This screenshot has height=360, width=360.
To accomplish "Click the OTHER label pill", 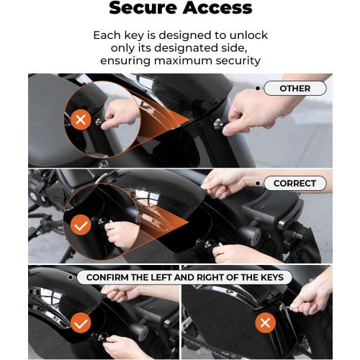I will pos(294,89).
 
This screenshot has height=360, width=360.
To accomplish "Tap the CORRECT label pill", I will pos(294,184).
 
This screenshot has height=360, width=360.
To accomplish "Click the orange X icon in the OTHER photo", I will pos(81,120).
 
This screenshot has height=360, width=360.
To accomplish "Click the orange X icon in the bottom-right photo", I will pos(266,323).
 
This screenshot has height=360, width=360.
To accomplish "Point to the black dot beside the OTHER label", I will pos(258,89).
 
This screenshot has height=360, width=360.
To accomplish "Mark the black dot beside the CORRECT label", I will pos(258,184).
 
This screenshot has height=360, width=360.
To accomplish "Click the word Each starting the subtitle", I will pos(107,35).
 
